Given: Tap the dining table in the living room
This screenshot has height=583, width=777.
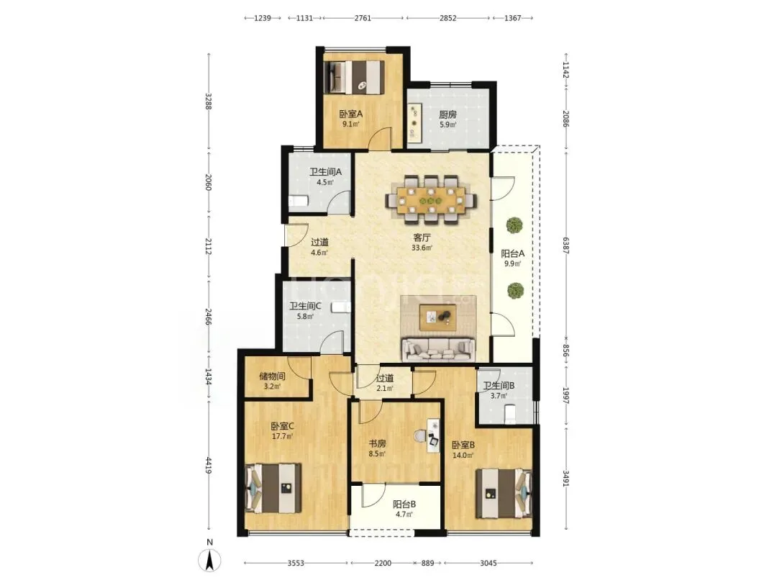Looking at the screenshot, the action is [x=431, y=200].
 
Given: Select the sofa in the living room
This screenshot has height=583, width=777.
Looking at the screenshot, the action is [x=437, y=349].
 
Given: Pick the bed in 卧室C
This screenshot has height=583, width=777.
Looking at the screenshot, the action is [x=273, y=488].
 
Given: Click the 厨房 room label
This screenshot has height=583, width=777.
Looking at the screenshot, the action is [x=447, y=114].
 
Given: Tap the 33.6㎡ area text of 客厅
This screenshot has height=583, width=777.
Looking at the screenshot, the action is [x=422, y=248].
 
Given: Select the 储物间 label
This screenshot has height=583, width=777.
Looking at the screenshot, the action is [x=272, y=376].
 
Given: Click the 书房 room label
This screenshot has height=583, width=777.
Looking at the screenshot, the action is [x=376, y=443].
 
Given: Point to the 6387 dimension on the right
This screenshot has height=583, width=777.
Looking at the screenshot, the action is [x=565, y=245].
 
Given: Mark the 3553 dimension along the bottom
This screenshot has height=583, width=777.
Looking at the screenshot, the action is [x=296, y=563].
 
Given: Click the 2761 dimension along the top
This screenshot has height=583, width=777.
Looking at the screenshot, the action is [x=363, y=18].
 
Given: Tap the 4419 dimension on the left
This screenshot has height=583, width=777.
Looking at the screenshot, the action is [x=209, y=464].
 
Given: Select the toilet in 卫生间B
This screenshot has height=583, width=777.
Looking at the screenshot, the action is [x=509, y=413].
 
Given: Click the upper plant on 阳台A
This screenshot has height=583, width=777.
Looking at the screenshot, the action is [x=515, y=225].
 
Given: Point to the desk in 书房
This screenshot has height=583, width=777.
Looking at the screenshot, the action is [x=434, y=435].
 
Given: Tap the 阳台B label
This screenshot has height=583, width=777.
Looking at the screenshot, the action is [x=404, y=504].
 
